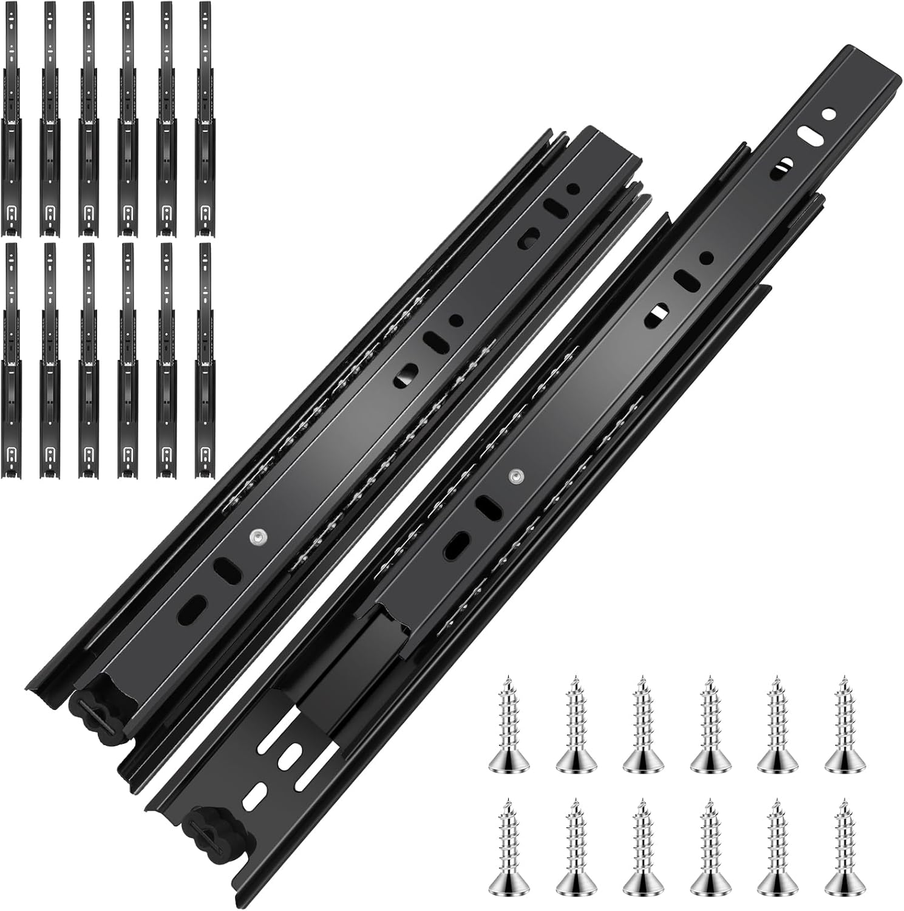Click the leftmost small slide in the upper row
coord(12,118)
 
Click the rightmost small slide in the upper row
coord(205,118)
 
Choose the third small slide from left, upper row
coord(89,118)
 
